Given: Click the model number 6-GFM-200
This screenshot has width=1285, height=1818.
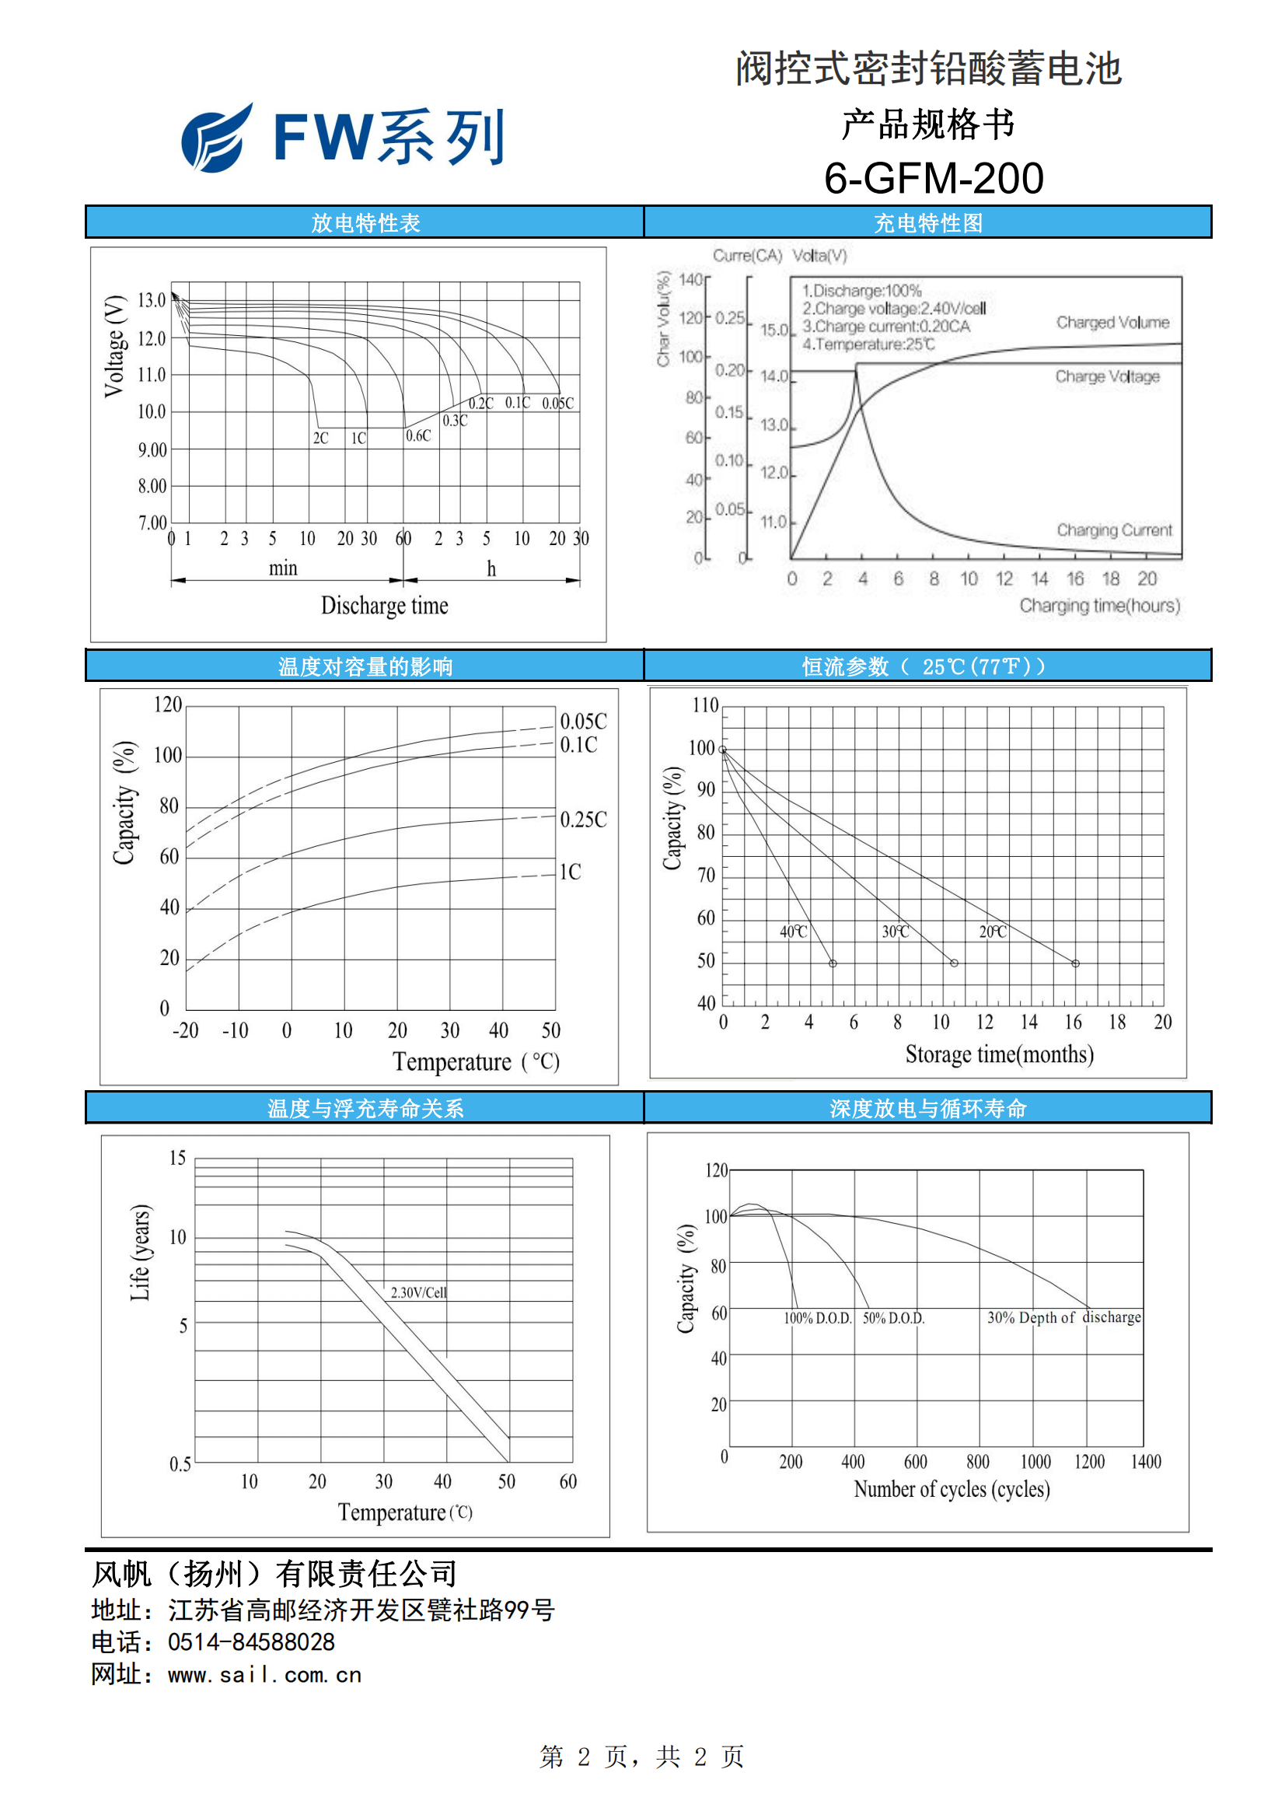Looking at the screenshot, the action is coord(934,177).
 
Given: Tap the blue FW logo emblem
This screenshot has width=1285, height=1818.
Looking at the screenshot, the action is coord(216,138).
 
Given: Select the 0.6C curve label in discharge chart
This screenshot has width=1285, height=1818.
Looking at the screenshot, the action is coord(418,435).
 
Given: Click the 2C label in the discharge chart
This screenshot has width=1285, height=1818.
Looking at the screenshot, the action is coord(320,438).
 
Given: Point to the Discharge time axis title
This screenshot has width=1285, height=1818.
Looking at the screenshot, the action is coord(384,606).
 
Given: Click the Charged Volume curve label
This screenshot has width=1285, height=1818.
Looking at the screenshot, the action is coord(1112,322).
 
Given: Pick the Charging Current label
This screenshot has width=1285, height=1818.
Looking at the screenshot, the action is coord(1114,530).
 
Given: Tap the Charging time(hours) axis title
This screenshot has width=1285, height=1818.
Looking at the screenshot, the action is coord(1100,606).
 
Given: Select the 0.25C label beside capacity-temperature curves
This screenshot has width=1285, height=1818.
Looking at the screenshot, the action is coord(584,820).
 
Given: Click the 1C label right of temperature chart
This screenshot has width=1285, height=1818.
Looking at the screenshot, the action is coord(570,872).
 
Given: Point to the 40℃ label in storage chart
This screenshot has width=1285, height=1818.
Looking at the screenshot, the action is coord(794,932).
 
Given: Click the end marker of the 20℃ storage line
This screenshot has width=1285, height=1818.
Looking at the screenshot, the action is coord(1075,963).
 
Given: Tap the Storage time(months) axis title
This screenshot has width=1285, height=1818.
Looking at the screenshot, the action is coord(999,1054).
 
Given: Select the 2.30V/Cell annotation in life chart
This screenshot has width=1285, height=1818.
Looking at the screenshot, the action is coord(419,1293).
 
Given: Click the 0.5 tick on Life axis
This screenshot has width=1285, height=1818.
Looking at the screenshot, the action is coord(180,1464).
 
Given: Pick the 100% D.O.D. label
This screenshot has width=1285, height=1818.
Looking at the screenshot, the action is coord(818,1318).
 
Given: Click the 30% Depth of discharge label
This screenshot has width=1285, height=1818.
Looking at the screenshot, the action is coord(1064,1317).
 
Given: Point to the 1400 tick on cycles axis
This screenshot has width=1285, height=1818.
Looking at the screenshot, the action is coord(1146,1462).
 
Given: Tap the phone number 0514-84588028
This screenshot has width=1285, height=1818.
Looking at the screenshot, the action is coord(251,1642).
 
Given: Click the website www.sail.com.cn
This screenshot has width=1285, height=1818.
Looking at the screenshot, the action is coord(264,1676).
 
